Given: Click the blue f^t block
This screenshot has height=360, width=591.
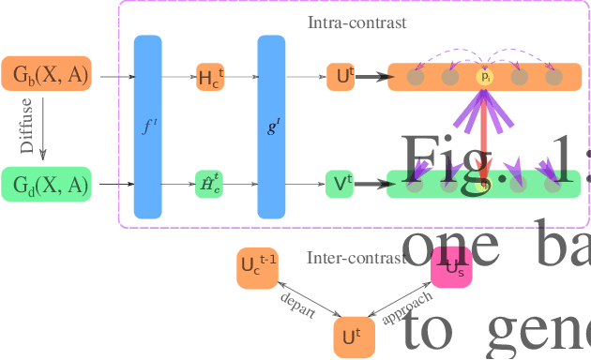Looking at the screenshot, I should coord(148,127).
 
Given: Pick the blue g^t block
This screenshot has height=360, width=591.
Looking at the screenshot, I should coord(271,127).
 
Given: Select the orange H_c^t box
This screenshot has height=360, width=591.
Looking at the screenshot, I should coord(210,77).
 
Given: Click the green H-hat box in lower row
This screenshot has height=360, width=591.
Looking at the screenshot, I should coord(210,184).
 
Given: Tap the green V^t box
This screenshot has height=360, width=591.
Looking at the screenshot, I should coord(340,184).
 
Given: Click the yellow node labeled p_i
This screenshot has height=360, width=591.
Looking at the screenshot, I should coord(485,77).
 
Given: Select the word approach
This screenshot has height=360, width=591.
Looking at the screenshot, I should coord(407,307).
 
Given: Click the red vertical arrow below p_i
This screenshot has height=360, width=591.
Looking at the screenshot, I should coord(485,131).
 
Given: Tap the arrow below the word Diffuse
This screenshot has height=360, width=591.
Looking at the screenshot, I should coord(43,130).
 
